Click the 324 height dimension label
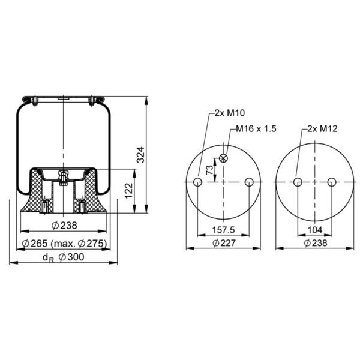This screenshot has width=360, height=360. (x=140, y=155)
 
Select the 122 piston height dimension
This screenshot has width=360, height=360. (x=128, y=190)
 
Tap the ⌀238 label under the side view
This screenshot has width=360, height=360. (x=65, y=226)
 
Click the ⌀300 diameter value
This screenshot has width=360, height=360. (x=71, y=257)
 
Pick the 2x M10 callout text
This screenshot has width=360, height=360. (x=230, y=113)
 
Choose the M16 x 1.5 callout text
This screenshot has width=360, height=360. (x=256, y=128)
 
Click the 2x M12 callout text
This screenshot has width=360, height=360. (x=322, y=128)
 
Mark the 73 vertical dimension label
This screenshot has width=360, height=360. (x=209, y=170)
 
